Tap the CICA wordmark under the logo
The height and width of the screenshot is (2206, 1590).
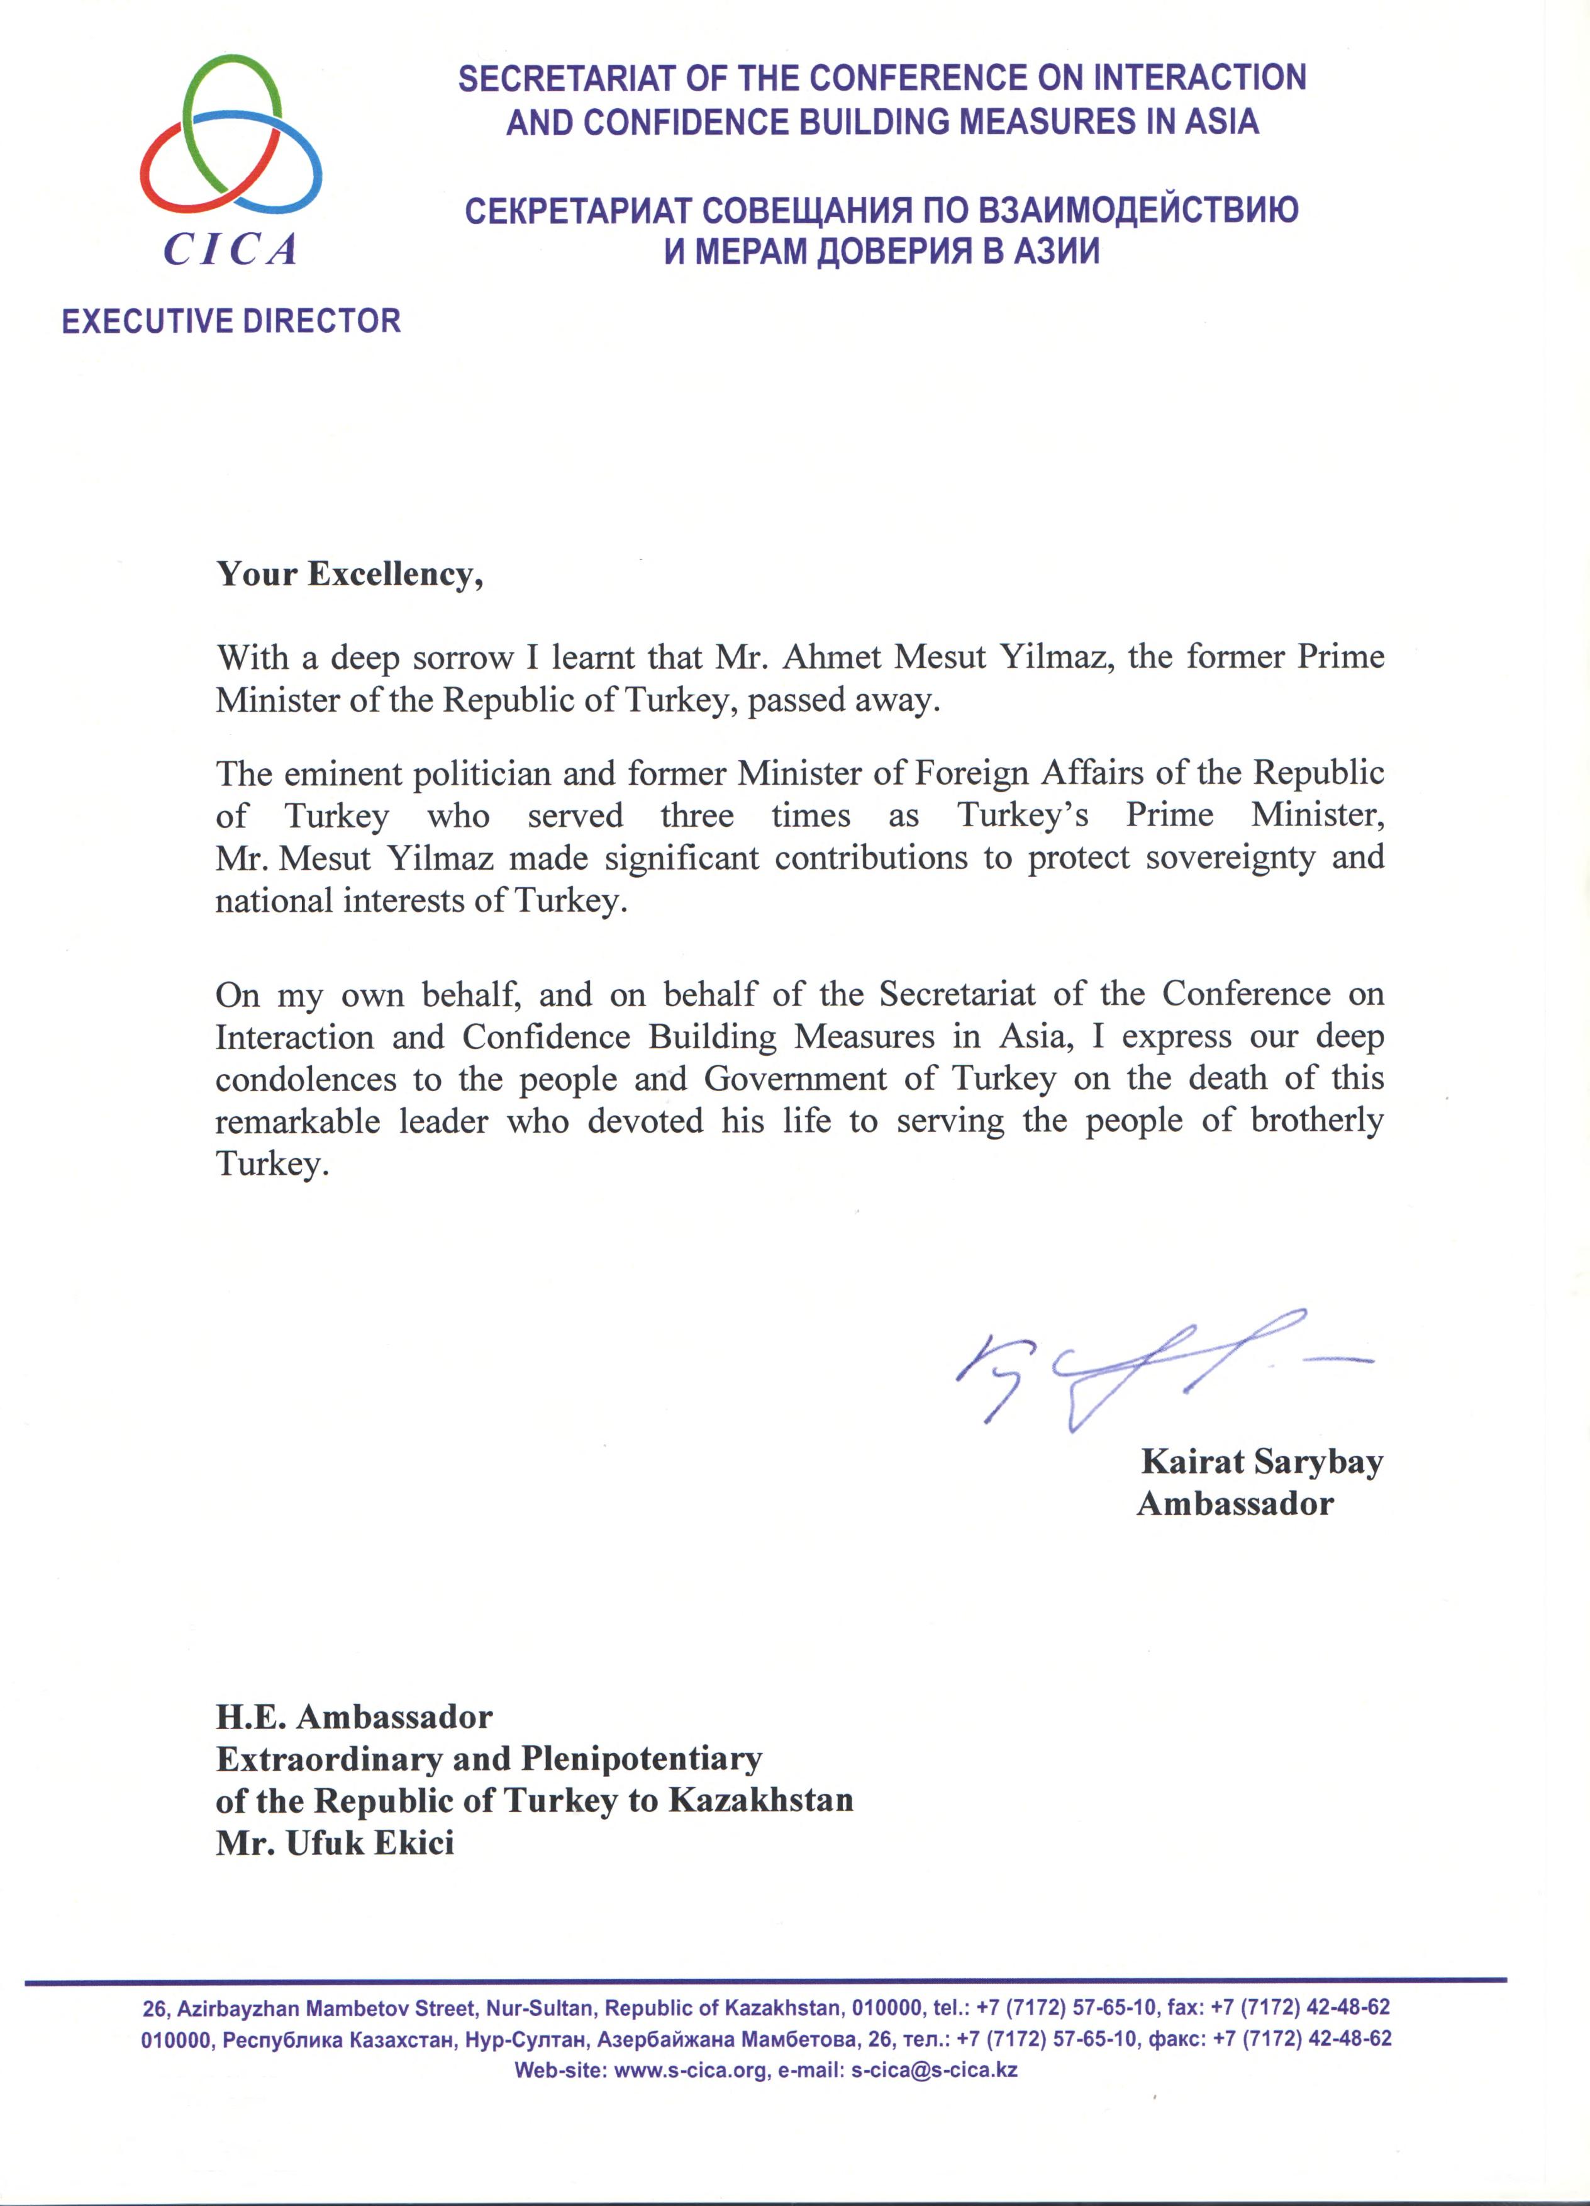coord(230,250)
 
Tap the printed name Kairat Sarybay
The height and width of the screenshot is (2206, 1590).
coord(1261,1461)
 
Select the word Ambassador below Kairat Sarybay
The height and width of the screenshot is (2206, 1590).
coord(1235,1504)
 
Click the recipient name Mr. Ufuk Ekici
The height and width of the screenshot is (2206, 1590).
coord(335,1842)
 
